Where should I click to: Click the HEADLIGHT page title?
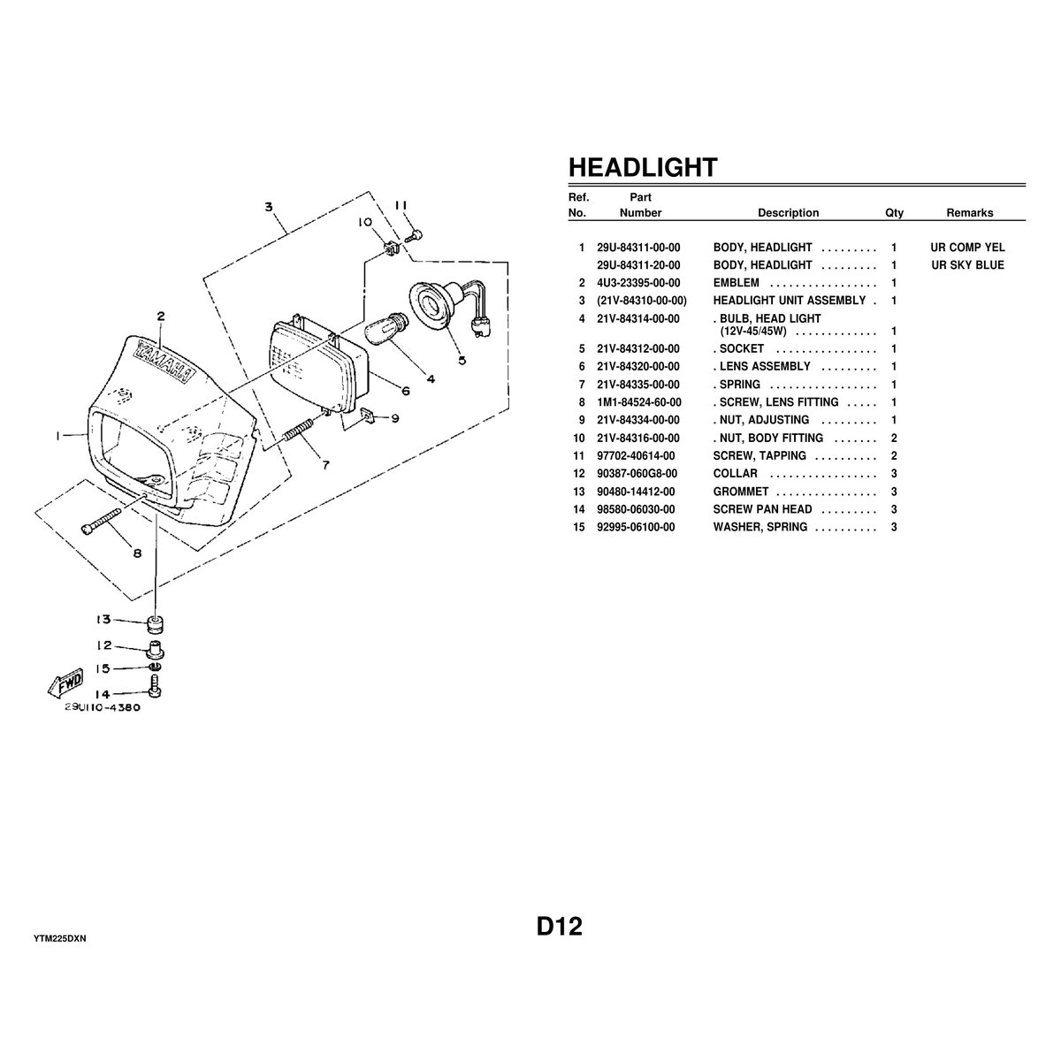point(642,167)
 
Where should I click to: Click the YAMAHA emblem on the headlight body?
point(162,358)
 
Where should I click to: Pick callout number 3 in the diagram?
point(269,207)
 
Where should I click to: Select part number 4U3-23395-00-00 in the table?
point(638,283)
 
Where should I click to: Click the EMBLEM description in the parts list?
point(736,283)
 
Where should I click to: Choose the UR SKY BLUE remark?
point(967,265)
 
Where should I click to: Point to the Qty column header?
point(895,213)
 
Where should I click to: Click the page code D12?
point(559,927)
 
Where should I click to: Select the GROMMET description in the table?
point(741,492)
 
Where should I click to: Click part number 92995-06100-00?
point(636,527)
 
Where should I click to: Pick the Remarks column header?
point(969,213)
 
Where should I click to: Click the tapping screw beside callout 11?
point(413,236)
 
